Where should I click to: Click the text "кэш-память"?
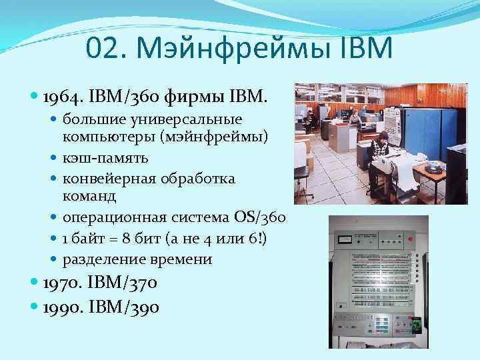click(106, 158)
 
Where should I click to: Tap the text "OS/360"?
click(261, 217)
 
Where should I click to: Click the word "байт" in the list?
click(94, 238)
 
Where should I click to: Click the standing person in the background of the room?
click(354, 121)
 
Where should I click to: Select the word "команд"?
click(89, 197)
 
